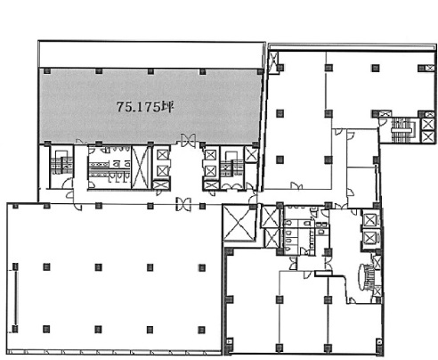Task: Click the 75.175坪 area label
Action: (145, 107)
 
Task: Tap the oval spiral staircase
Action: (366, 277)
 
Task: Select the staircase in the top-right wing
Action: (401, 130)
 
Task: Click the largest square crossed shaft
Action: (239, 223)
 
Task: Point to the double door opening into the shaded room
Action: (189, 140)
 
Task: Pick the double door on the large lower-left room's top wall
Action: (183, 204)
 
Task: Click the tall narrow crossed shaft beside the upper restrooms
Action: (140, 168)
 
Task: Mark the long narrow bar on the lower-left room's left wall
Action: (15, 298)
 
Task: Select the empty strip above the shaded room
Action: (151, 55)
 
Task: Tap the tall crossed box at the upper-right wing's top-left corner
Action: (273, 62)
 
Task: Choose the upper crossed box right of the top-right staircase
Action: (427, 124)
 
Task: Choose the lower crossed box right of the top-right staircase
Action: (427, 136)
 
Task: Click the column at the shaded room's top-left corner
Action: (46, 71)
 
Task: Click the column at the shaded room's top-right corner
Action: (260, 71)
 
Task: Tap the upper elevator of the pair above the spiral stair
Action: (369, 220)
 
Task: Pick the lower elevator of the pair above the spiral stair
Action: (369, 238)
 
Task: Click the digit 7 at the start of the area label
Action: (120, 107)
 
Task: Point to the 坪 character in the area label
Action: (167, 107)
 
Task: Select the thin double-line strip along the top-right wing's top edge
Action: (353, 46)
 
